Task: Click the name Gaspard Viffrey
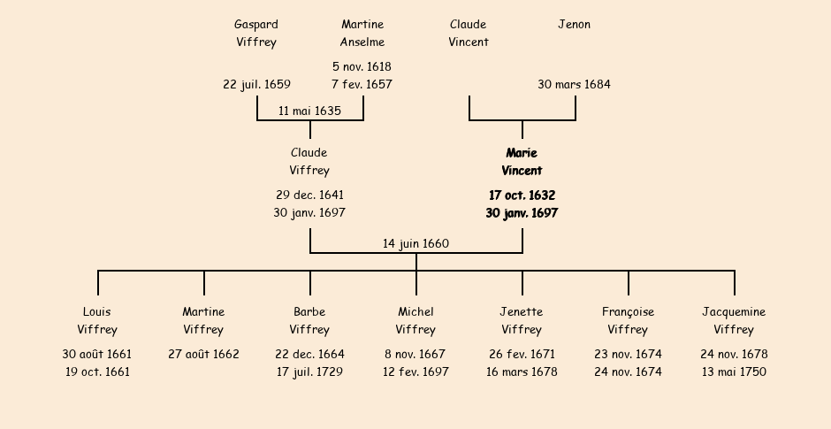[x=256, y=34]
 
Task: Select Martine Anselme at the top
[x=362, y=34]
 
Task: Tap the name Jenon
[x=574, y=25]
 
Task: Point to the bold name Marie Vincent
[x=522, y=162]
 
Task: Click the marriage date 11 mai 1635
[x=309, y=111]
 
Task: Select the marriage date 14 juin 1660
[x=415, y=244]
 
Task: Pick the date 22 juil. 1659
[x=256, y=85]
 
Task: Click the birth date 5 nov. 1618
[x=362, y=66]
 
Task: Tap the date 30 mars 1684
[x=574, y=85]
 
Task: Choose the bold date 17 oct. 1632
[x=522, y=195]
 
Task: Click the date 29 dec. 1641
[x=309, y=195]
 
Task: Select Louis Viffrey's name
[x=97, y=321]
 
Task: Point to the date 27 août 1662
[x=203, y=355]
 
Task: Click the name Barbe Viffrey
[x=309, y=321]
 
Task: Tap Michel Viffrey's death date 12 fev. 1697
[x=415, y=372]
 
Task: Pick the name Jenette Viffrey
[x=522, y=321]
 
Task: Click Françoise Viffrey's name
[x=628, y=321]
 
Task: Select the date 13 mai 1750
[x=734, y=372]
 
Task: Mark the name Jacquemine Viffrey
[x=734, y=321]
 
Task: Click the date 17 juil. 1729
[x=309, y=372]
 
